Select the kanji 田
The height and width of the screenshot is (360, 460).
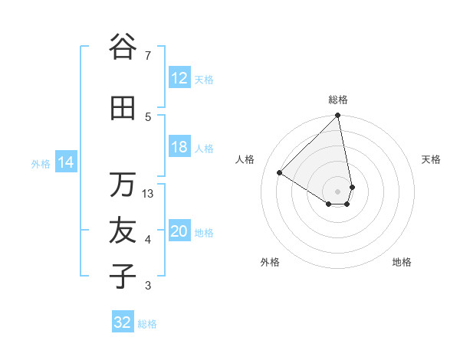(x=123, y=108)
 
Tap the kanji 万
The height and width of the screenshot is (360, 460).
(x=123, y=185)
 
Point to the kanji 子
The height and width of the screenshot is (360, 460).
(x=123, y=276)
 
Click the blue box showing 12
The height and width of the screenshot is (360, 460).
(x=179, y=78)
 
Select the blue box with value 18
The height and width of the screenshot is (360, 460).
(x=179, y=148)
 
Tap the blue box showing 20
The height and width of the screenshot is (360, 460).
(x=179, y=232)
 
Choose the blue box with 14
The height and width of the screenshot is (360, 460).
(x=65, y=162)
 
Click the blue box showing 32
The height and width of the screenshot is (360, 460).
(x=123, y=322)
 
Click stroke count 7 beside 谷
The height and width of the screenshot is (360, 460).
(x=148, y=55)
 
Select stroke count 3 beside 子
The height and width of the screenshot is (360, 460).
(x=148, y=286)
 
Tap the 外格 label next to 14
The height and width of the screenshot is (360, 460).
(x=40, y=163)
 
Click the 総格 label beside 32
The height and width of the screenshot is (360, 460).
(x=147, y=324)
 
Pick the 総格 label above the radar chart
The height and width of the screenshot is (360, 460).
(x=338, y=100)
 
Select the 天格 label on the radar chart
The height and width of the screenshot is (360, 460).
(x=431, y=159)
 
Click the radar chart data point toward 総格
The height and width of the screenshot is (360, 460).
(x=338, y=116)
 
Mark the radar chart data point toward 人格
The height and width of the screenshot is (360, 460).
(x=280, y=173)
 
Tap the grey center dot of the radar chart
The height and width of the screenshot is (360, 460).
(x=338, y=190)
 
